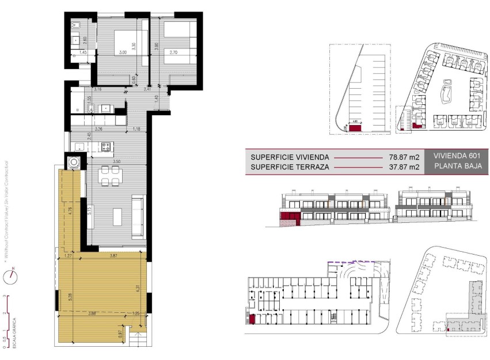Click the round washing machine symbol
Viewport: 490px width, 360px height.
pos(74,162)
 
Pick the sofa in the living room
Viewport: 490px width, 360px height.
pos(139,217)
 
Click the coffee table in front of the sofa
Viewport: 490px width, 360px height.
pos(117,217)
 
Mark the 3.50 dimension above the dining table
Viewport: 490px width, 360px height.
pos(116,162)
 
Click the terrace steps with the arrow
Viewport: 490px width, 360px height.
pos(138,339)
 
